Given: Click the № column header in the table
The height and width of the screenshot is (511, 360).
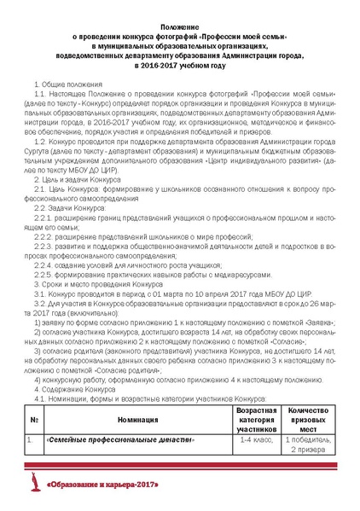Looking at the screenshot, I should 32,419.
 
